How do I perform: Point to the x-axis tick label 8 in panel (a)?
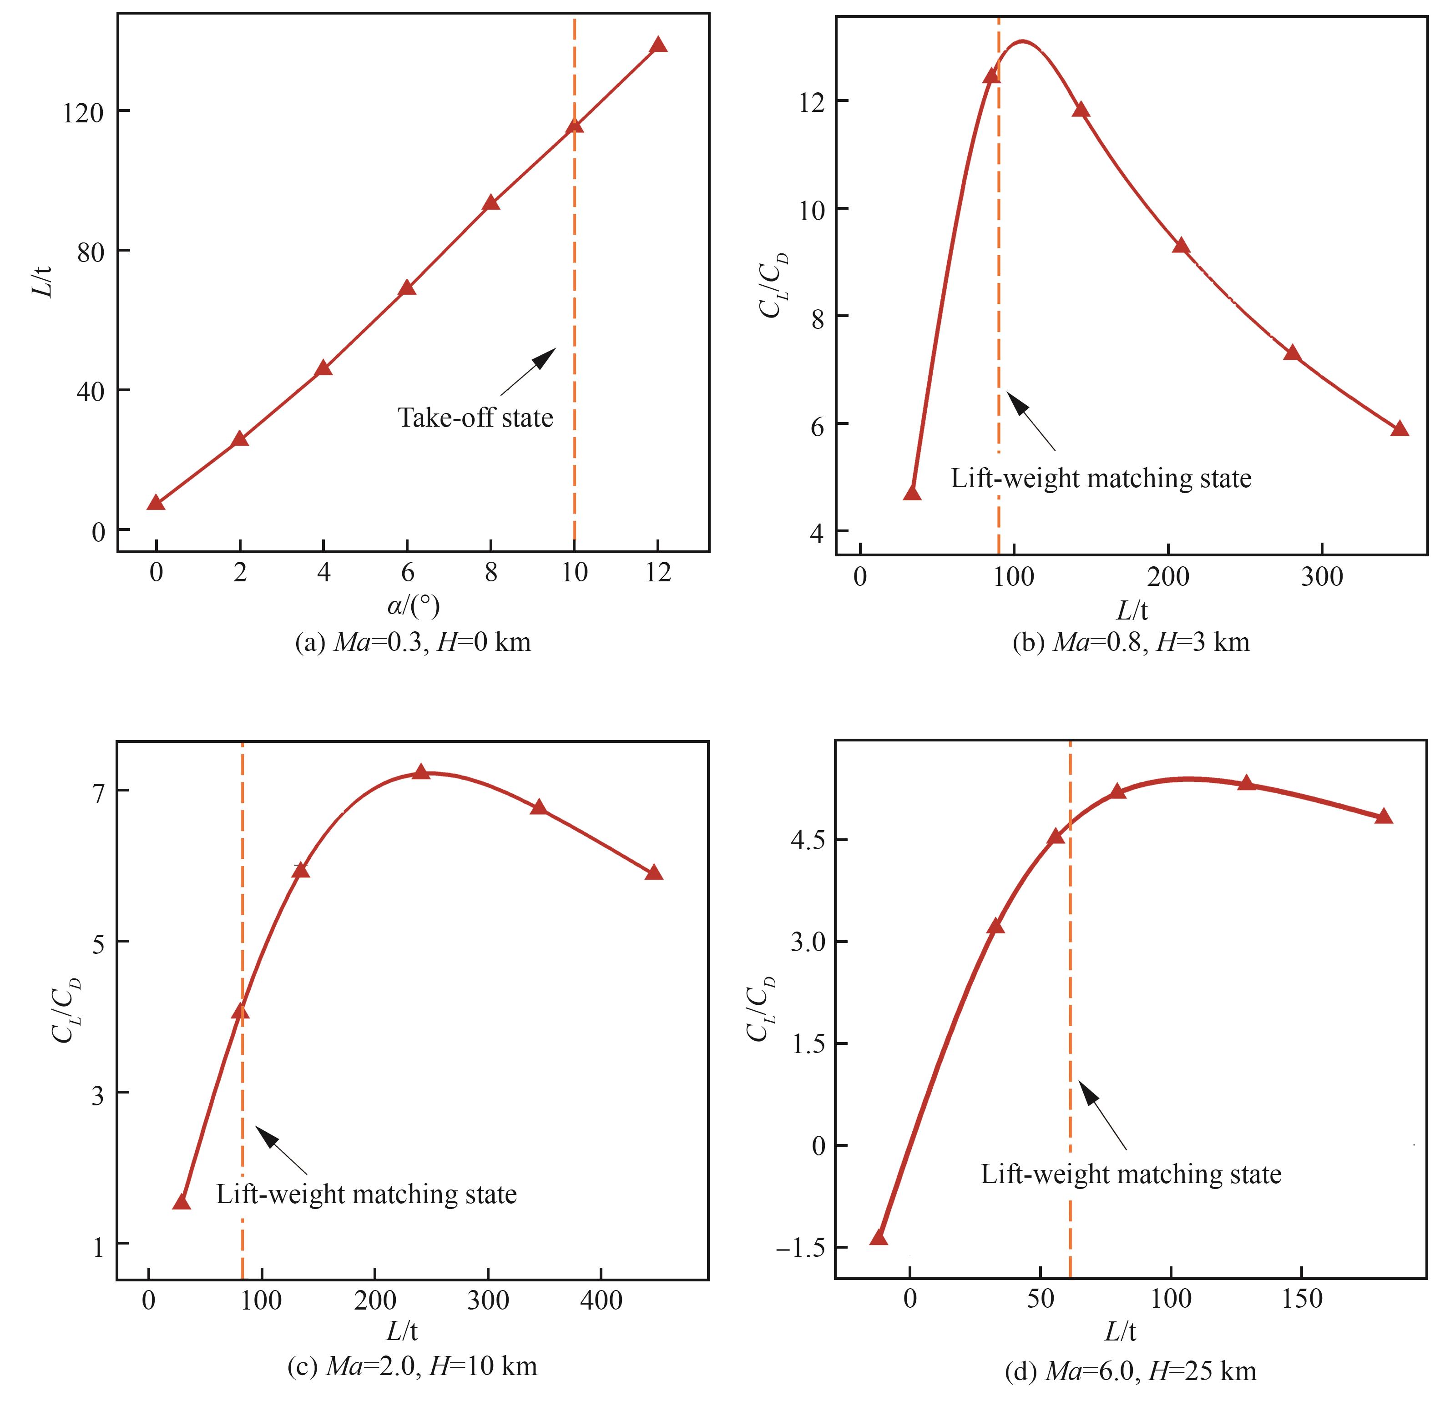click(491, 572)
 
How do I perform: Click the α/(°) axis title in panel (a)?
click(414, 606)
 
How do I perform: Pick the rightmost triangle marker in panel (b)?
click(1399, 429)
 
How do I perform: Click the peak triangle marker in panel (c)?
click(421, 772)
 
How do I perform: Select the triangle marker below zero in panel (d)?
click(879, 1237)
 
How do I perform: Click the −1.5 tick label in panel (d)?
click(799, 1247)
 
